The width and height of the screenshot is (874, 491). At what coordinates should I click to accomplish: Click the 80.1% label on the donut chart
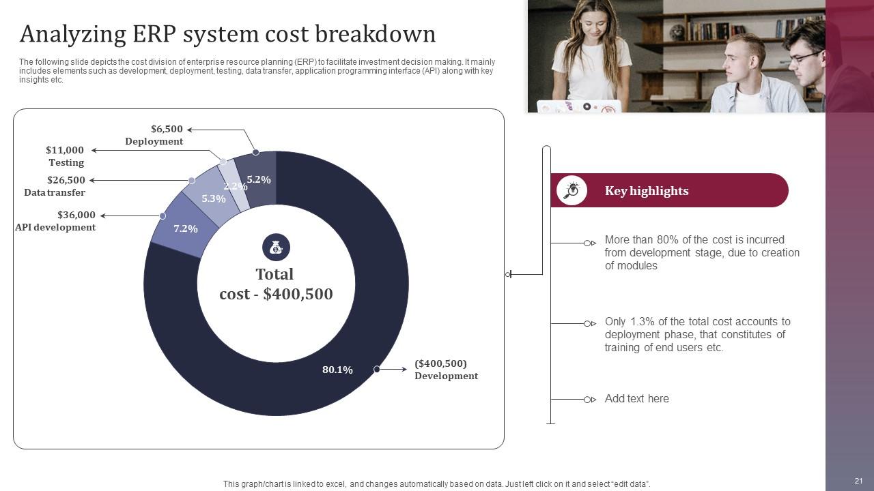pyautogui.click(x=337, y=370)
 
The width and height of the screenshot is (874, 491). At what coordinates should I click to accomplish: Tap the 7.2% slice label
pyautogui.click(x=186, y=228)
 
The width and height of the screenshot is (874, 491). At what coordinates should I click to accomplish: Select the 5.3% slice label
pyautogui.click(x=214, y=198)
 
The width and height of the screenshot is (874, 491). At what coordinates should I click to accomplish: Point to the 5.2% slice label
pyautogui.click(x=259, y=179)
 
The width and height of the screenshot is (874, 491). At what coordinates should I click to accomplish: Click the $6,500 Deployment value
pyautogui.click(x=167, y=129)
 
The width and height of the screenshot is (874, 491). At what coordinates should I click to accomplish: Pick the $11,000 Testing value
pyautogui.click(x=65, y=150)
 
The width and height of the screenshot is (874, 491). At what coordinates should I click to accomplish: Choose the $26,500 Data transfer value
pyautogui.click(x=66, y=180)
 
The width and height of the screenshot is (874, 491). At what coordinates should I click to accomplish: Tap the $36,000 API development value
pyautogui.click(x=76, y=215)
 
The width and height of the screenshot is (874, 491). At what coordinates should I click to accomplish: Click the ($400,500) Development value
pyautogui.click(x=440, y=363)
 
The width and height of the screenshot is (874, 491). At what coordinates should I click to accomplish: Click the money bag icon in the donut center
pyautogui.click(x=276, y=248)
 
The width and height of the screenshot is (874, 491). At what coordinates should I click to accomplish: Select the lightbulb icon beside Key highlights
pyautogui.click(x=572, y=190)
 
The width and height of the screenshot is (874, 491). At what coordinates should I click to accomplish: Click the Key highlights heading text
pyautogui.click(x=647, y=191)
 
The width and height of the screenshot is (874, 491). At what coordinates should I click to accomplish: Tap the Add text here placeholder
pyautogui.click(x=636, y=399)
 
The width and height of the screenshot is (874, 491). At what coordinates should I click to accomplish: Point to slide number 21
pyautogui.click(x=859, y=481)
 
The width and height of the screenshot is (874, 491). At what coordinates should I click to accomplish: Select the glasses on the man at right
pyautogui.click(x=806, y=57)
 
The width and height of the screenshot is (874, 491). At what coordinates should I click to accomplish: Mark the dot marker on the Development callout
pyautogui.click(x=377, y=369)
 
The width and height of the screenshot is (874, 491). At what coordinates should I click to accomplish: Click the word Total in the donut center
pyautogui.click(x=274, y=274)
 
